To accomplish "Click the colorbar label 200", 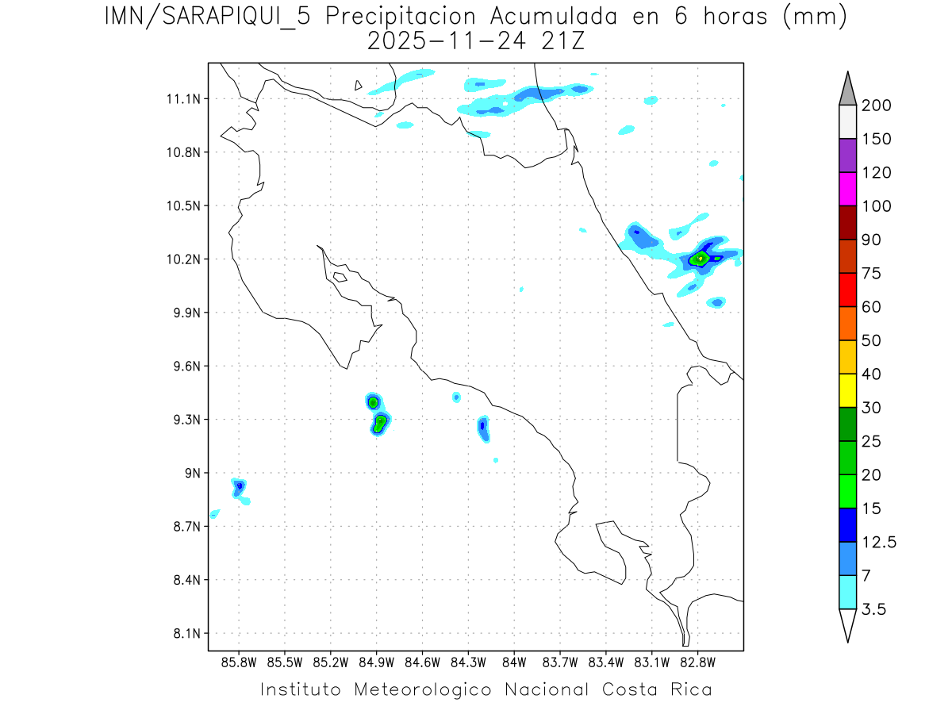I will click(876, 106).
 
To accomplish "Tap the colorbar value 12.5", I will click(878, 542).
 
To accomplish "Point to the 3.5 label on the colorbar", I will click(873, 609).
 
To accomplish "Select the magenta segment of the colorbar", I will click(847, 190).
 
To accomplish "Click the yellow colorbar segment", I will click(847, 390).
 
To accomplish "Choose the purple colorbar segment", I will click(847, 155).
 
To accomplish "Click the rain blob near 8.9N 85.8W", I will click(240, 487).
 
